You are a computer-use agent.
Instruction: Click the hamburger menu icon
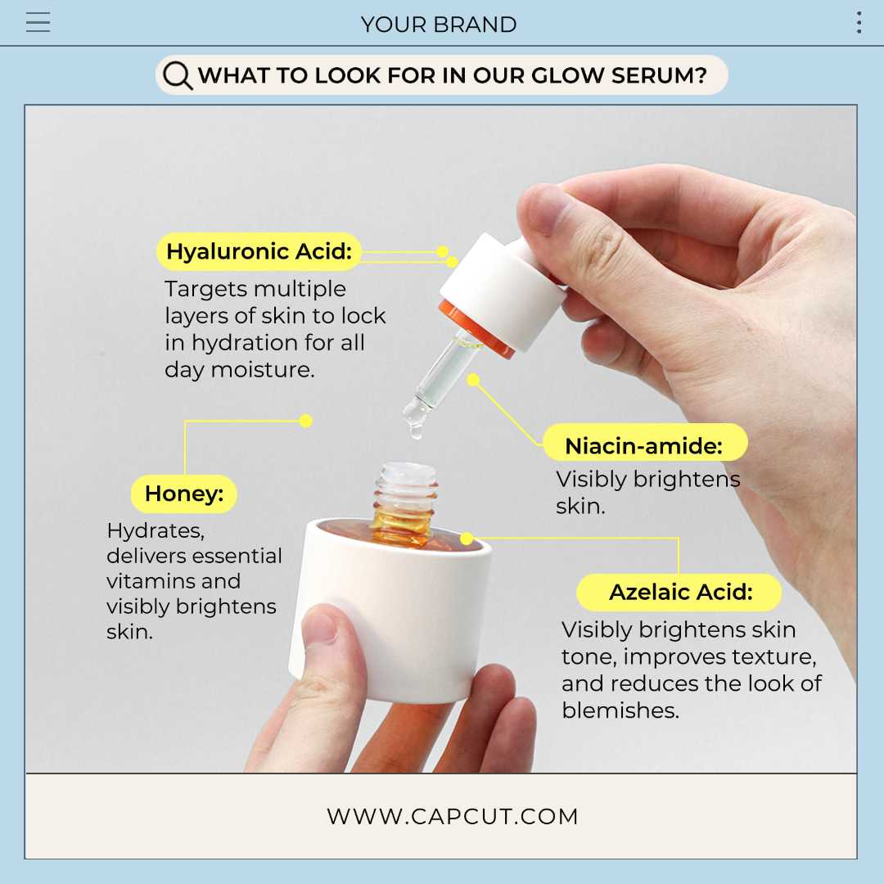pos(38,23)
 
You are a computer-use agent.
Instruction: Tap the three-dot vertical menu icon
pos(858,23)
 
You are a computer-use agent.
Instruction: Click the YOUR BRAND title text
pos(439,25)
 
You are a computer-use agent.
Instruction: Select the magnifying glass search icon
pos(177,76)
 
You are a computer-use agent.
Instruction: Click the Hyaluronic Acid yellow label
pos(259,251)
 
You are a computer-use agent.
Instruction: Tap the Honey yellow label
pos(183,494)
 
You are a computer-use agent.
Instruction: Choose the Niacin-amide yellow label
pos(644,446)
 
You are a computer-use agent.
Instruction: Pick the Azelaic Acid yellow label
pos(679,592)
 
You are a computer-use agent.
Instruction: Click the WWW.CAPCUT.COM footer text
pos(452,816)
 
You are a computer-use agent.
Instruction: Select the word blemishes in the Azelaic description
pos(620,710)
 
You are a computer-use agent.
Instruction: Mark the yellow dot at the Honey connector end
pos(306,421)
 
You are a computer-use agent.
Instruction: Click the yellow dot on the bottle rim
pos(467,539)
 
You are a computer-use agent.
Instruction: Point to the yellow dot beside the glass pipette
pos(473,380)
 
